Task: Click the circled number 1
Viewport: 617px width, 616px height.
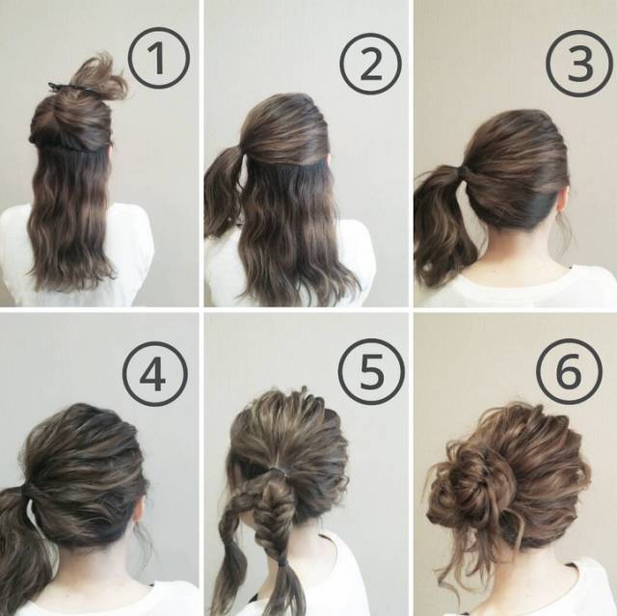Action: pos(158,59)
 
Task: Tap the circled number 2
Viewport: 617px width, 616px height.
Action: pos(370,65)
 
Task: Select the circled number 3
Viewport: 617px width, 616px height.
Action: pos(579,64)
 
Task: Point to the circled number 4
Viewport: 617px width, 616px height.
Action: pos(154,374)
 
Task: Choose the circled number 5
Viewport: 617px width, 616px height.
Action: pos(371,371)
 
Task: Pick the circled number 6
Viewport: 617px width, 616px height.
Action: pos(569,372)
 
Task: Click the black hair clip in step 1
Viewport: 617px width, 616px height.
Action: pos(63,88)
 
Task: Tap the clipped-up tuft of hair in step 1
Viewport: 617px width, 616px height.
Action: pos(98,77)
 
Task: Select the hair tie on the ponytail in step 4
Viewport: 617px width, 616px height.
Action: pos(30,491)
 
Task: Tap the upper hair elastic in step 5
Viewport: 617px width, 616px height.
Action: pos(277,469)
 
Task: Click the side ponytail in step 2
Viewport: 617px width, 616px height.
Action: pos(223,189)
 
